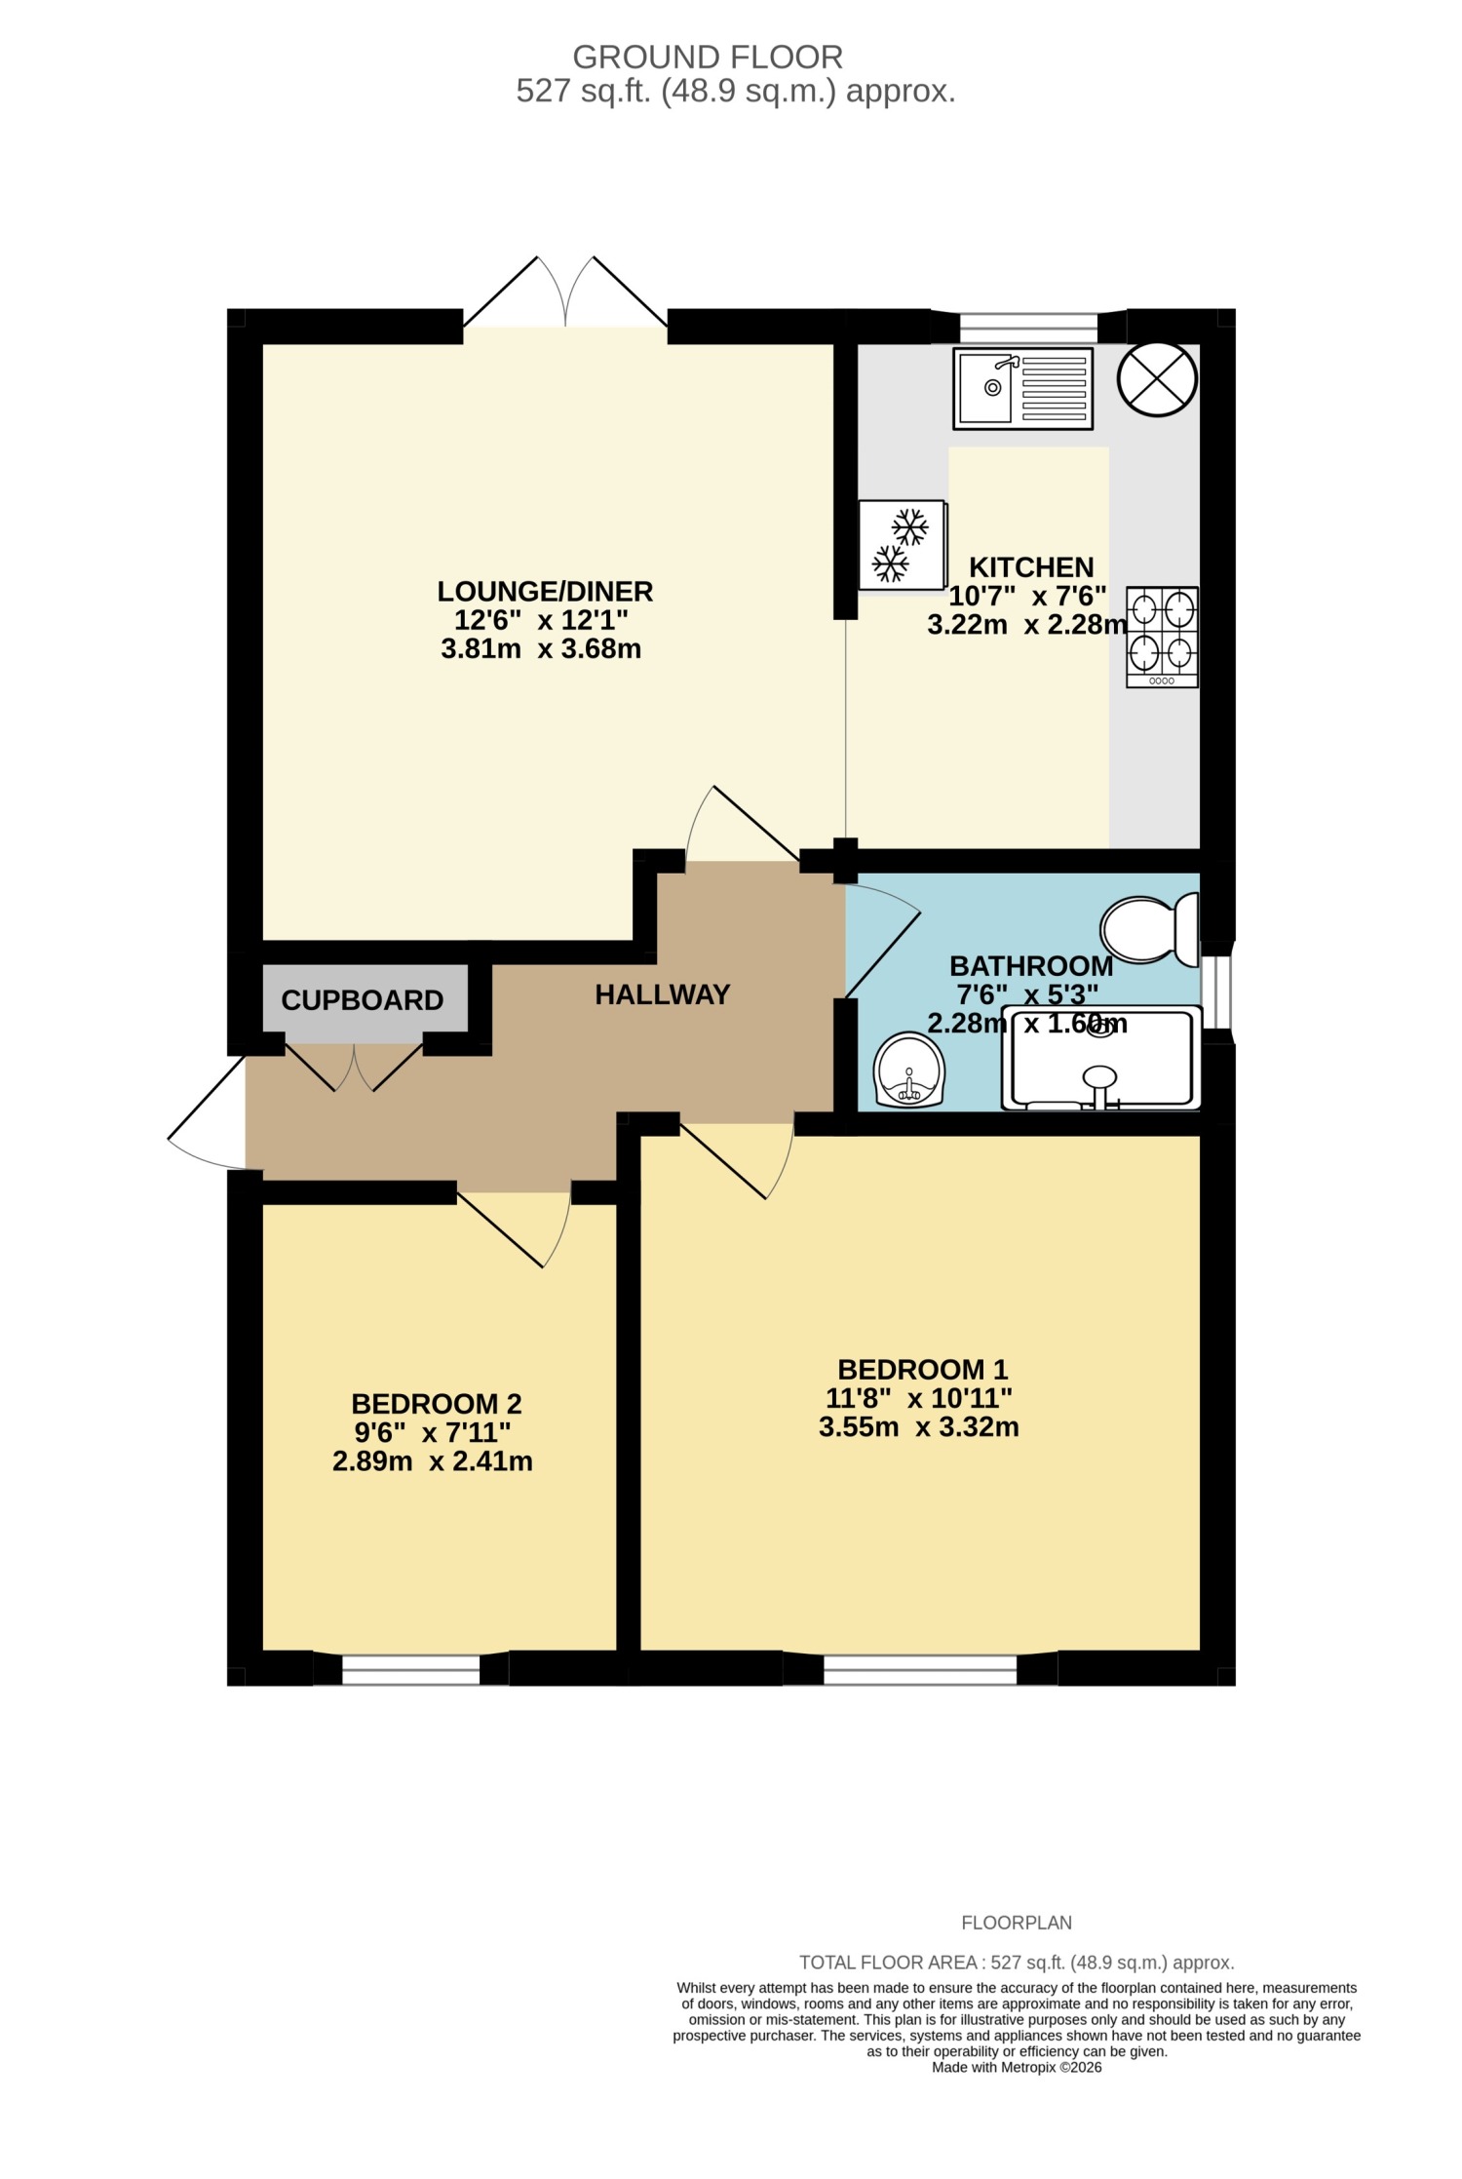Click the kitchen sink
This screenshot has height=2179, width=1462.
[x=1022, y=388]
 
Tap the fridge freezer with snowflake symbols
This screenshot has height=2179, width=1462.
[x=903, y=544]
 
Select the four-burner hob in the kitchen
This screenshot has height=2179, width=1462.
[x=1162, y=637]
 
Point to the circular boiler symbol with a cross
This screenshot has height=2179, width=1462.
[x=1158, y=379]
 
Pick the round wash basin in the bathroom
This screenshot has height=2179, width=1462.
[x=910, y=1070]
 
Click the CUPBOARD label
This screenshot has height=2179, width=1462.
[x=363, y=1000]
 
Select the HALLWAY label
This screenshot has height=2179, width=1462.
[x=663, y=994]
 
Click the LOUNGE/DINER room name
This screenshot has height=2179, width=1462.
[x=545, y=591]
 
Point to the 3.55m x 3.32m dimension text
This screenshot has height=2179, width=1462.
[x=919, y=1427]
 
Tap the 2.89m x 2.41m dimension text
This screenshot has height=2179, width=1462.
[x=433, y=1461]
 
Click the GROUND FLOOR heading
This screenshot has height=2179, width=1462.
[x=708, y=58]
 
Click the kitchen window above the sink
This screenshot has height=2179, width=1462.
[x=1028, y=328]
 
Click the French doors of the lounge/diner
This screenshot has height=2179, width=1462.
[x=565, y=292]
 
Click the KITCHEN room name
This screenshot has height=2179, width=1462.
[x=1031, y=567]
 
